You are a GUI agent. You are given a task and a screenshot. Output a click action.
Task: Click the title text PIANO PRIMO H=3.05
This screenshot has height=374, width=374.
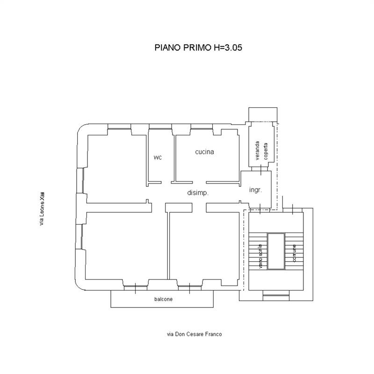198,47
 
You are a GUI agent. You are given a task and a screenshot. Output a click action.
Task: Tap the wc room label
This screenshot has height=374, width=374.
158,157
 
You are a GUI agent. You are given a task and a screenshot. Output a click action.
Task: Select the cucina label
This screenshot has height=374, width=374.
204,152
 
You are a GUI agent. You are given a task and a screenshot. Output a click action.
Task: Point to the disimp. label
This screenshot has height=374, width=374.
198,193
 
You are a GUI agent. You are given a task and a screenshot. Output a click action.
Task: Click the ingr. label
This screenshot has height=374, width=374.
255,190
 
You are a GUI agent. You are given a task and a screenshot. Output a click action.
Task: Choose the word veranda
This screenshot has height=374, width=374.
258,151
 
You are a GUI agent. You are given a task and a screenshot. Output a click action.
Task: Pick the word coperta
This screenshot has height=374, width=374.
266,151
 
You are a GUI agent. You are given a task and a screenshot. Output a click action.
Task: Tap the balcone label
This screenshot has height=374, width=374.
163,299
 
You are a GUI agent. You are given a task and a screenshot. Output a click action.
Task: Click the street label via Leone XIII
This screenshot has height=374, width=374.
42,209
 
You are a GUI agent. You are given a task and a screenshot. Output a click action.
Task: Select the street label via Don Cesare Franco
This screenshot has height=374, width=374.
194,334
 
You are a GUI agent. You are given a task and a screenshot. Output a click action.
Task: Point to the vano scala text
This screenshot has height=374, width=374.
260,256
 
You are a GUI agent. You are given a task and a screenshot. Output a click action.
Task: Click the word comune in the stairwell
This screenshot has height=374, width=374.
295,253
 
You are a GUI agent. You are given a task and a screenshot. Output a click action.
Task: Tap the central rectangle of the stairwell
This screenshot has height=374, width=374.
276,251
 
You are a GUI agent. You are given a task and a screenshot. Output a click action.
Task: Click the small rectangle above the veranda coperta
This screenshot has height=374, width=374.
263,115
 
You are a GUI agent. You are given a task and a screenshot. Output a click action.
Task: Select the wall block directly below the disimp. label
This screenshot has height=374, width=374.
179,207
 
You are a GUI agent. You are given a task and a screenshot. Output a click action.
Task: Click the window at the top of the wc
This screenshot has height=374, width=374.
160,127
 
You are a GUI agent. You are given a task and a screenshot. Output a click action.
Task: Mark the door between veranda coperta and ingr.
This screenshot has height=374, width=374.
261,169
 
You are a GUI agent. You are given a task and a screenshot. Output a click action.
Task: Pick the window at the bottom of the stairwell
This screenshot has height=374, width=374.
276,295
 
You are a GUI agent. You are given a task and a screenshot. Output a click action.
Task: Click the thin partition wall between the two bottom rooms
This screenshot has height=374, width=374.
168,246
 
